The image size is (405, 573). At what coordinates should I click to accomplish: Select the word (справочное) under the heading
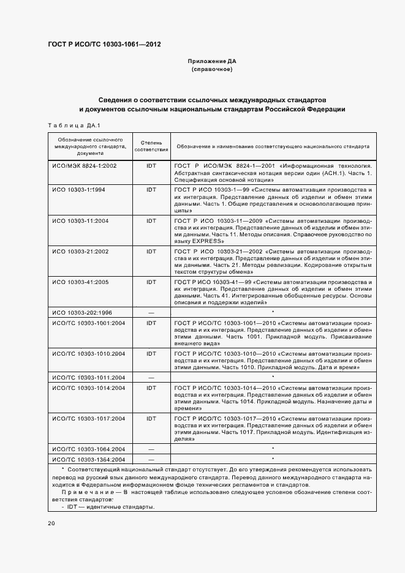point(211,70)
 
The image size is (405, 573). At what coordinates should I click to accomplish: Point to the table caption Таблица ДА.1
point(74,125)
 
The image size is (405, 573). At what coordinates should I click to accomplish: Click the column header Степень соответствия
point(151,146)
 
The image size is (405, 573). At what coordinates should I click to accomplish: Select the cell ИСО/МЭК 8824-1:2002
point(84,166)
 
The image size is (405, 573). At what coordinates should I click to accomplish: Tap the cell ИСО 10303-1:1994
point(78,190)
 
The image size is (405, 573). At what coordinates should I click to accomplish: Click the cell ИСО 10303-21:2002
point(80,251)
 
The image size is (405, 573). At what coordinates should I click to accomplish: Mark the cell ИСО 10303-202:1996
point(82,312)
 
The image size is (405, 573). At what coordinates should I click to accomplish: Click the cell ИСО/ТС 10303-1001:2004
point(88,323)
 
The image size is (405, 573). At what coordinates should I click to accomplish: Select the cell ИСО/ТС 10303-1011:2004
point(88,377)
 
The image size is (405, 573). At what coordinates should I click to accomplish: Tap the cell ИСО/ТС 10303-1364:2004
point(88,459)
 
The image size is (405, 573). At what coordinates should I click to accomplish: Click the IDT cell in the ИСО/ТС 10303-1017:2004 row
point(151,418)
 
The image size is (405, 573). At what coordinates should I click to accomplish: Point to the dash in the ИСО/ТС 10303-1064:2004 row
point(151,449)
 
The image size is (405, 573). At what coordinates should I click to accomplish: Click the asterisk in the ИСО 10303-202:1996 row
point(273,312)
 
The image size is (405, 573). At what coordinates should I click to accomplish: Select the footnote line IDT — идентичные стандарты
point(110,507)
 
